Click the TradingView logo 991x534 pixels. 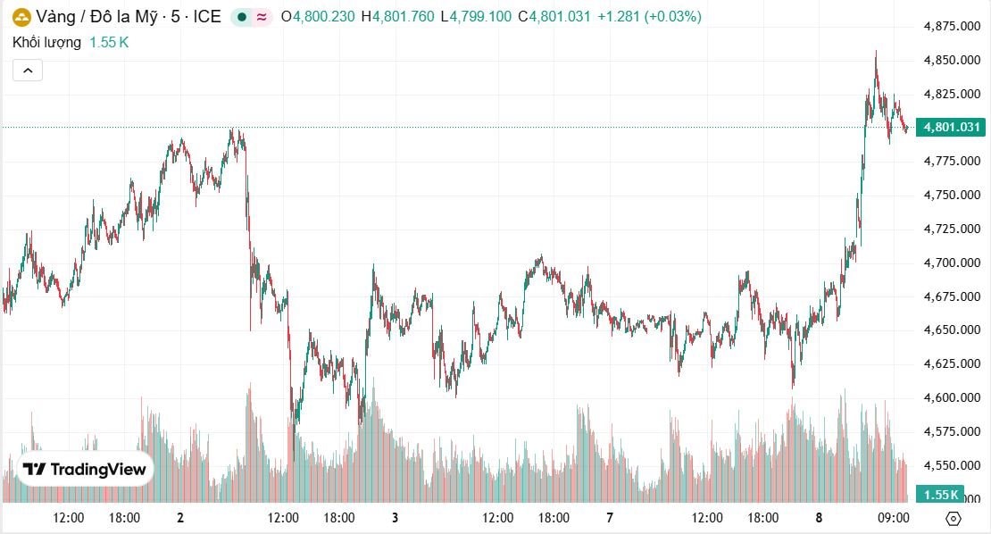tap(85, 469)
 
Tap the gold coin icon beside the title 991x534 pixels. tap(20, 17)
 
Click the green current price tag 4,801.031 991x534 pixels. tap(953, 128)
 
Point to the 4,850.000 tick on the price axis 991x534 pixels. tap(953, 61)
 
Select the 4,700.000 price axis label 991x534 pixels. tap(953, 263)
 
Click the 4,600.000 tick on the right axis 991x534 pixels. tap(953, 397)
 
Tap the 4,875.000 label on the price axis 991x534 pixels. tap(953, 27)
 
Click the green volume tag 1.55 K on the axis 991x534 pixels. tap(941, 495)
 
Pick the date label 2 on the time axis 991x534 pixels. tap(180, 518)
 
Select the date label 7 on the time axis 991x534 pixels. tap(610, 518)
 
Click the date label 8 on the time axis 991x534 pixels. tap(819, 518)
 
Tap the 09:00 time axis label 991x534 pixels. tap(894, 518)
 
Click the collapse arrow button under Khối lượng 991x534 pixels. tap(27, 71)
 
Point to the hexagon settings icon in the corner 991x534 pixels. tap(953, 519)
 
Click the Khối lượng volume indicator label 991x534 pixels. tap(46, 42)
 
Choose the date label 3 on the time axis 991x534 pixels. tap(395, 518)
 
